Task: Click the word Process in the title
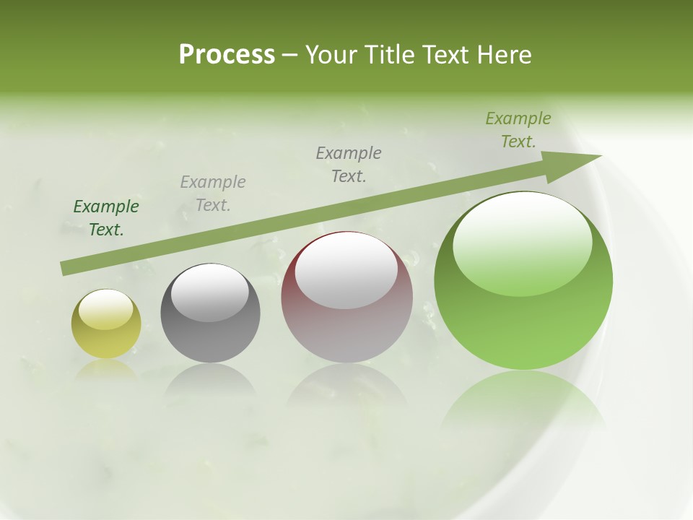click(227, 55)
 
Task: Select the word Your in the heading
click(331, 55)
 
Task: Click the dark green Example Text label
click(106, 218)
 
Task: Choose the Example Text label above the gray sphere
click(213, 194)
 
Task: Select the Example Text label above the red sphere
click(349, 164)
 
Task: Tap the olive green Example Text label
click(518, 130)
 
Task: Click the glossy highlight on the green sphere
click(523, 242)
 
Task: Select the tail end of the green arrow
click(66, 268)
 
